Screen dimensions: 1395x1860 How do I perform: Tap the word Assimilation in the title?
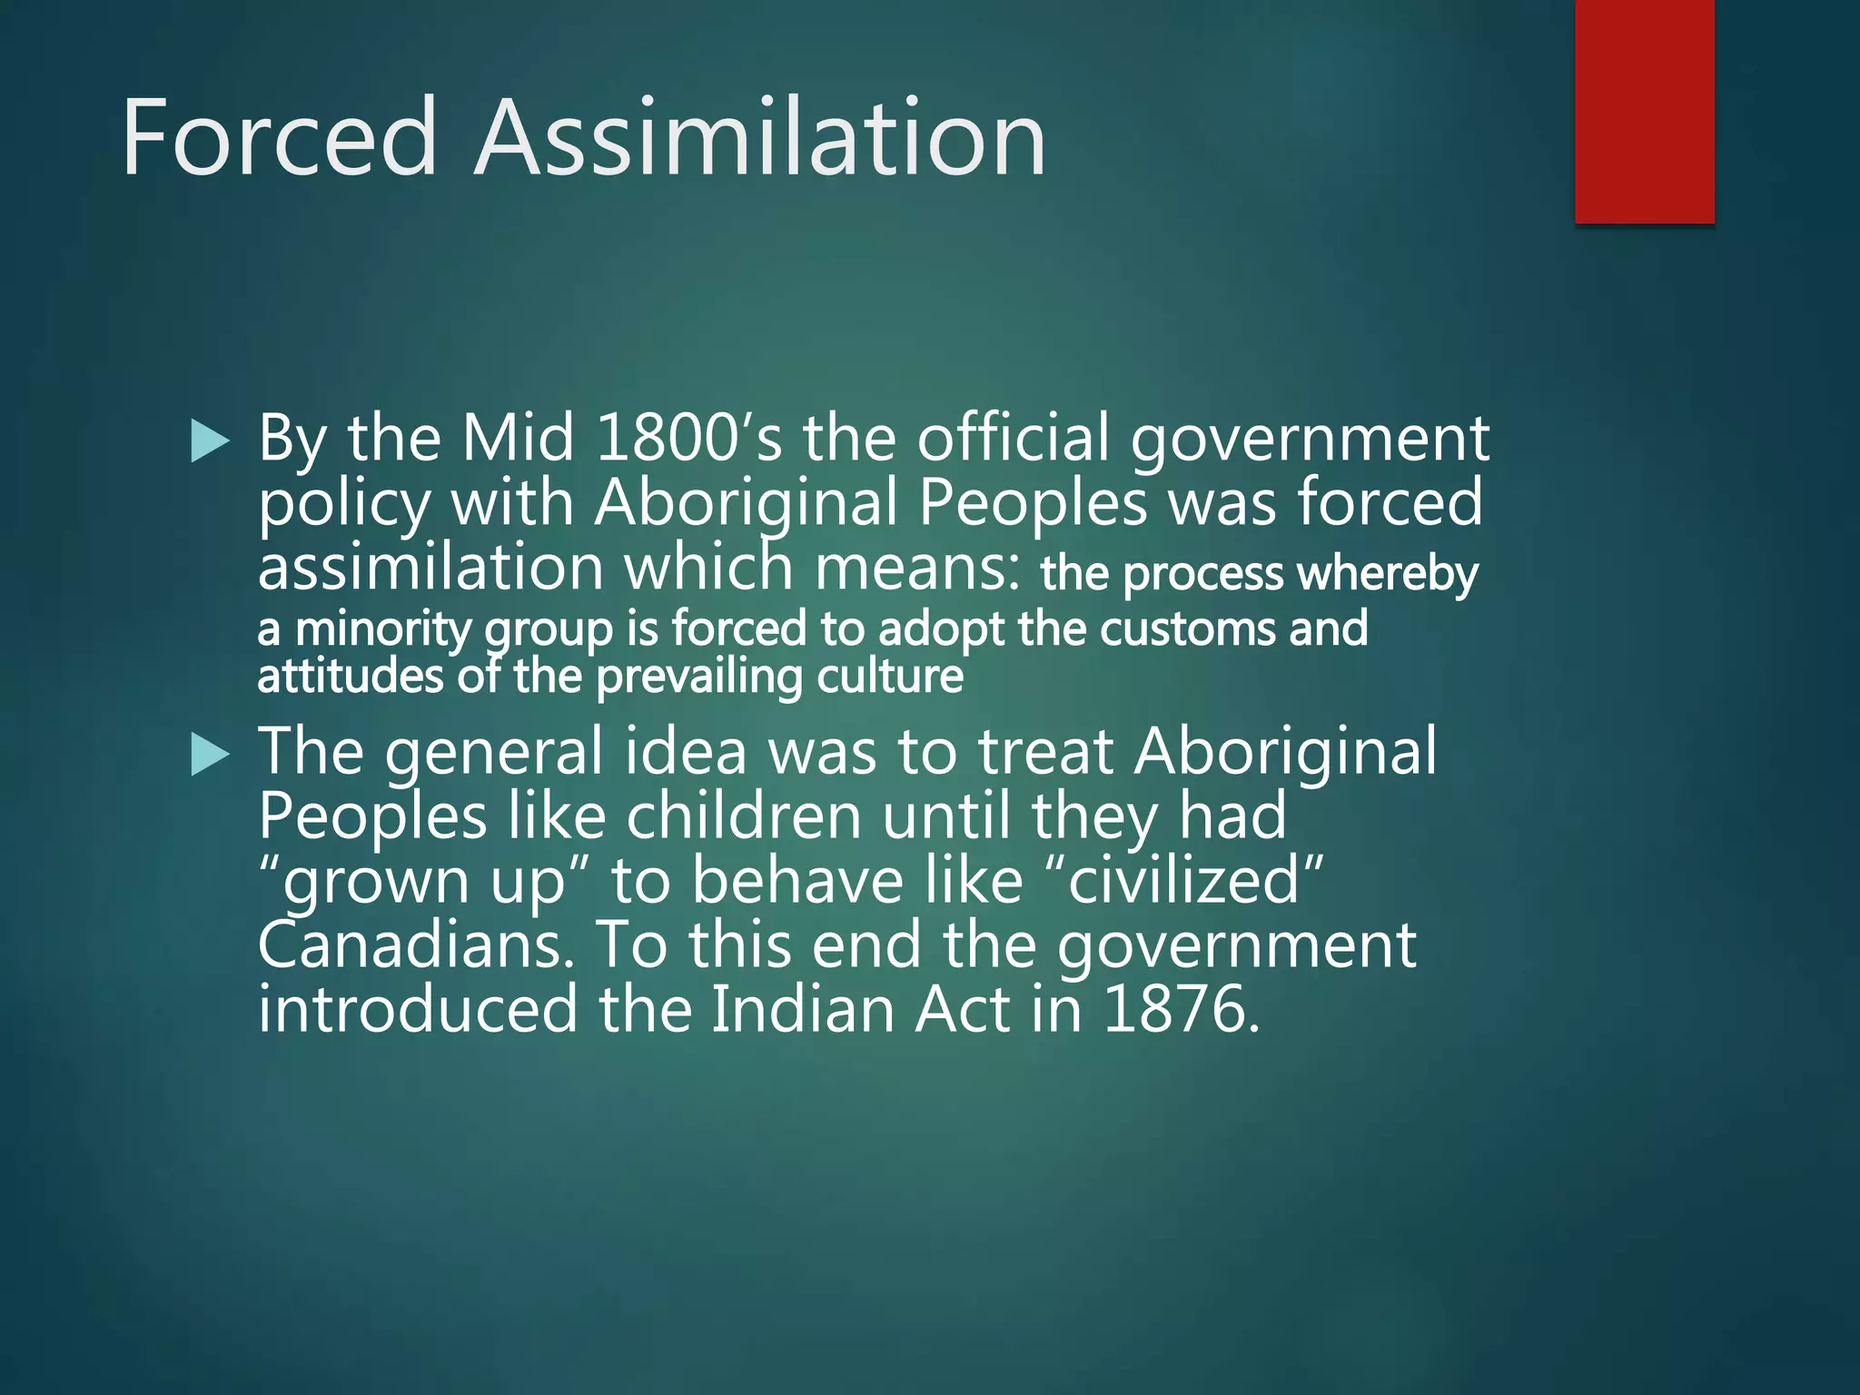click(761, 138)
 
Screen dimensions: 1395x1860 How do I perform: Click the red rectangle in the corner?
click(1644, 111)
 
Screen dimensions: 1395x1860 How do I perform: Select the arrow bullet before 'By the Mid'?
click(211, 442)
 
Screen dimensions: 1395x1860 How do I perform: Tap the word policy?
click(344, 505)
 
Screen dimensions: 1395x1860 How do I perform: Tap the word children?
click(744, 816)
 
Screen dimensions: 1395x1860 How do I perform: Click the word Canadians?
click(416, 945)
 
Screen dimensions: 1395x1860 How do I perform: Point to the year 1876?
click(1182, 1009)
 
